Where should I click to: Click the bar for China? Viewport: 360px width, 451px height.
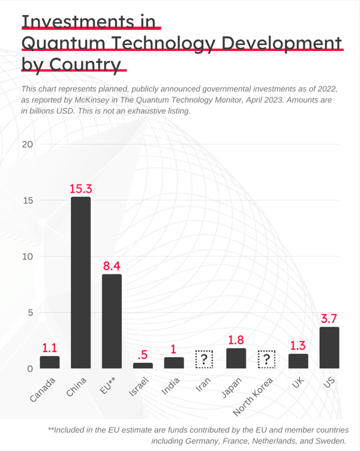point(80,282)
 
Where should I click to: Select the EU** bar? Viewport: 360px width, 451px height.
point(112,321)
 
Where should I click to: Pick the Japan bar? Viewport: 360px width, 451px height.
point(236,358)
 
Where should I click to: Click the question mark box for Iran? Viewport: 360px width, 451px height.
point(205,360)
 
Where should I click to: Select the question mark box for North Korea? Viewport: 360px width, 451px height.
point(266,360)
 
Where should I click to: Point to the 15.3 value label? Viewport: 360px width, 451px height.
point(80,189)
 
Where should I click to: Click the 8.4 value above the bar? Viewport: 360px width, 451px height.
point(112,266)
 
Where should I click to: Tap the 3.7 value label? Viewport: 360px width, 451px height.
point(329,319)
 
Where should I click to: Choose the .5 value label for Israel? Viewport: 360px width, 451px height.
point(142,354)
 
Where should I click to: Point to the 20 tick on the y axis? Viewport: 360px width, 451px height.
point(28,145)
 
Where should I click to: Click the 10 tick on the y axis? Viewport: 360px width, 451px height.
point(28,256)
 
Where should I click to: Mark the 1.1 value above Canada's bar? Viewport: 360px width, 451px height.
point(50,348)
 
